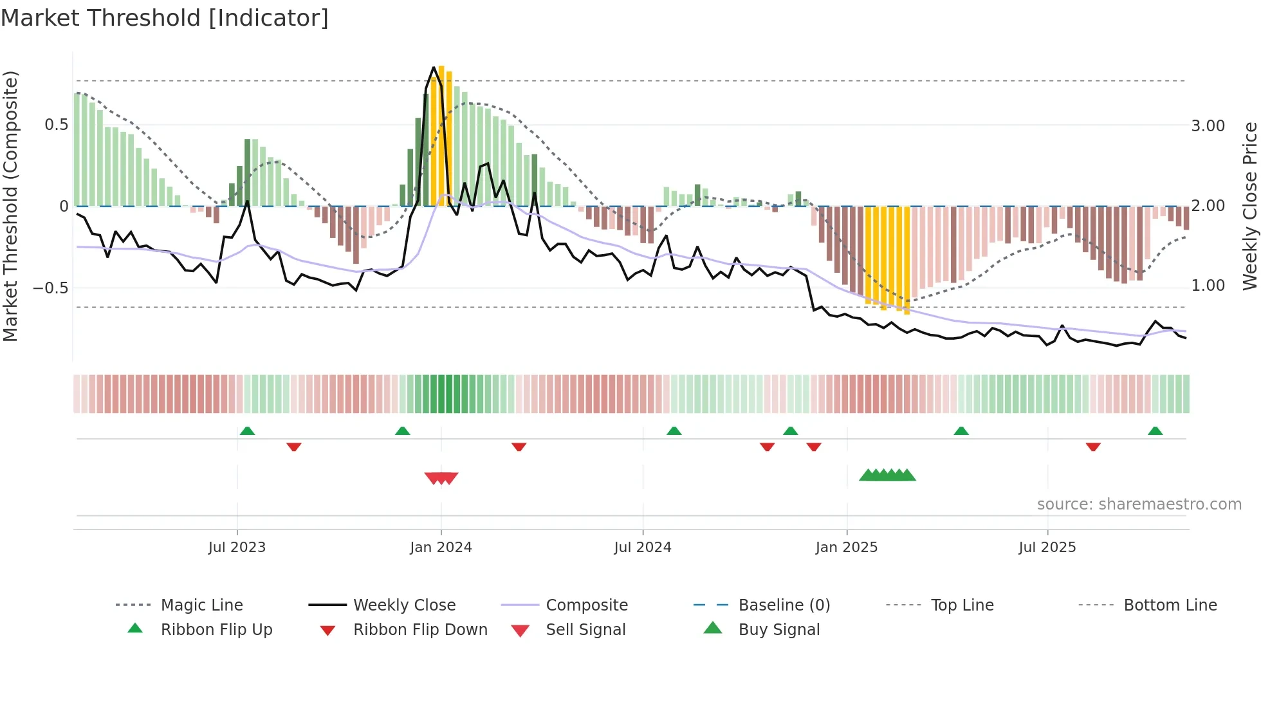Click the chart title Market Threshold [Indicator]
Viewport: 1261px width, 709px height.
(x=165, y=18)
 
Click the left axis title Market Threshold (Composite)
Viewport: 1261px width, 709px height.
(x=10, y=206)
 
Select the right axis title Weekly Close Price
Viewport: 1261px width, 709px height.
(x=1249, y=206)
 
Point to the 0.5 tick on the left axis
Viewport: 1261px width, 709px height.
(x=56, y=125)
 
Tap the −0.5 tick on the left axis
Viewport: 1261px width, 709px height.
(x=51, y=288)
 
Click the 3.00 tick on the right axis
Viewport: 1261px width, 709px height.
(x=1208, y=126)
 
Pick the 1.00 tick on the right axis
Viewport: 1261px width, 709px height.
(x=1208, y=286)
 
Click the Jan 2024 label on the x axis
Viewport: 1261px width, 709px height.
(x=441, y=548)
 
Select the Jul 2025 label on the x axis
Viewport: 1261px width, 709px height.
(x=1047, y=548)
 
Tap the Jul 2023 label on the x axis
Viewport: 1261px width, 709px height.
(x=237, y=548)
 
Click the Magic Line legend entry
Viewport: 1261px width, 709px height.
(x=201, y=605)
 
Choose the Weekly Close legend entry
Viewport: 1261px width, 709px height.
(x=404, y=605)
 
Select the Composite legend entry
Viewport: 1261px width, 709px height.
(x=586, y=605)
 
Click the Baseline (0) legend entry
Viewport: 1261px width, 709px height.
(x=784, y=605)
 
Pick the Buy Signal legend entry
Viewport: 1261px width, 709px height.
(x=778, y=630)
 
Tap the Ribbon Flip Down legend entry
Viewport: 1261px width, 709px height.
(x=419, y=630)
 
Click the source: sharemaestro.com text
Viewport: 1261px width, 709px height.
(x=1139, y=504)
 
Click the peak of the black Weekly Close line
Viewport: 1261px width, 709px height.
(x=434, y=67)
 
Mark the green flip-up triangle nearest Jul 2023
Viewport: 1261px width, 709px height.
(x=247, y=431)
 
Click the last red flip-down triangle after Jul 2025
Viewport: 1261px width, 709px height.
(x=1093, y=447)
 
